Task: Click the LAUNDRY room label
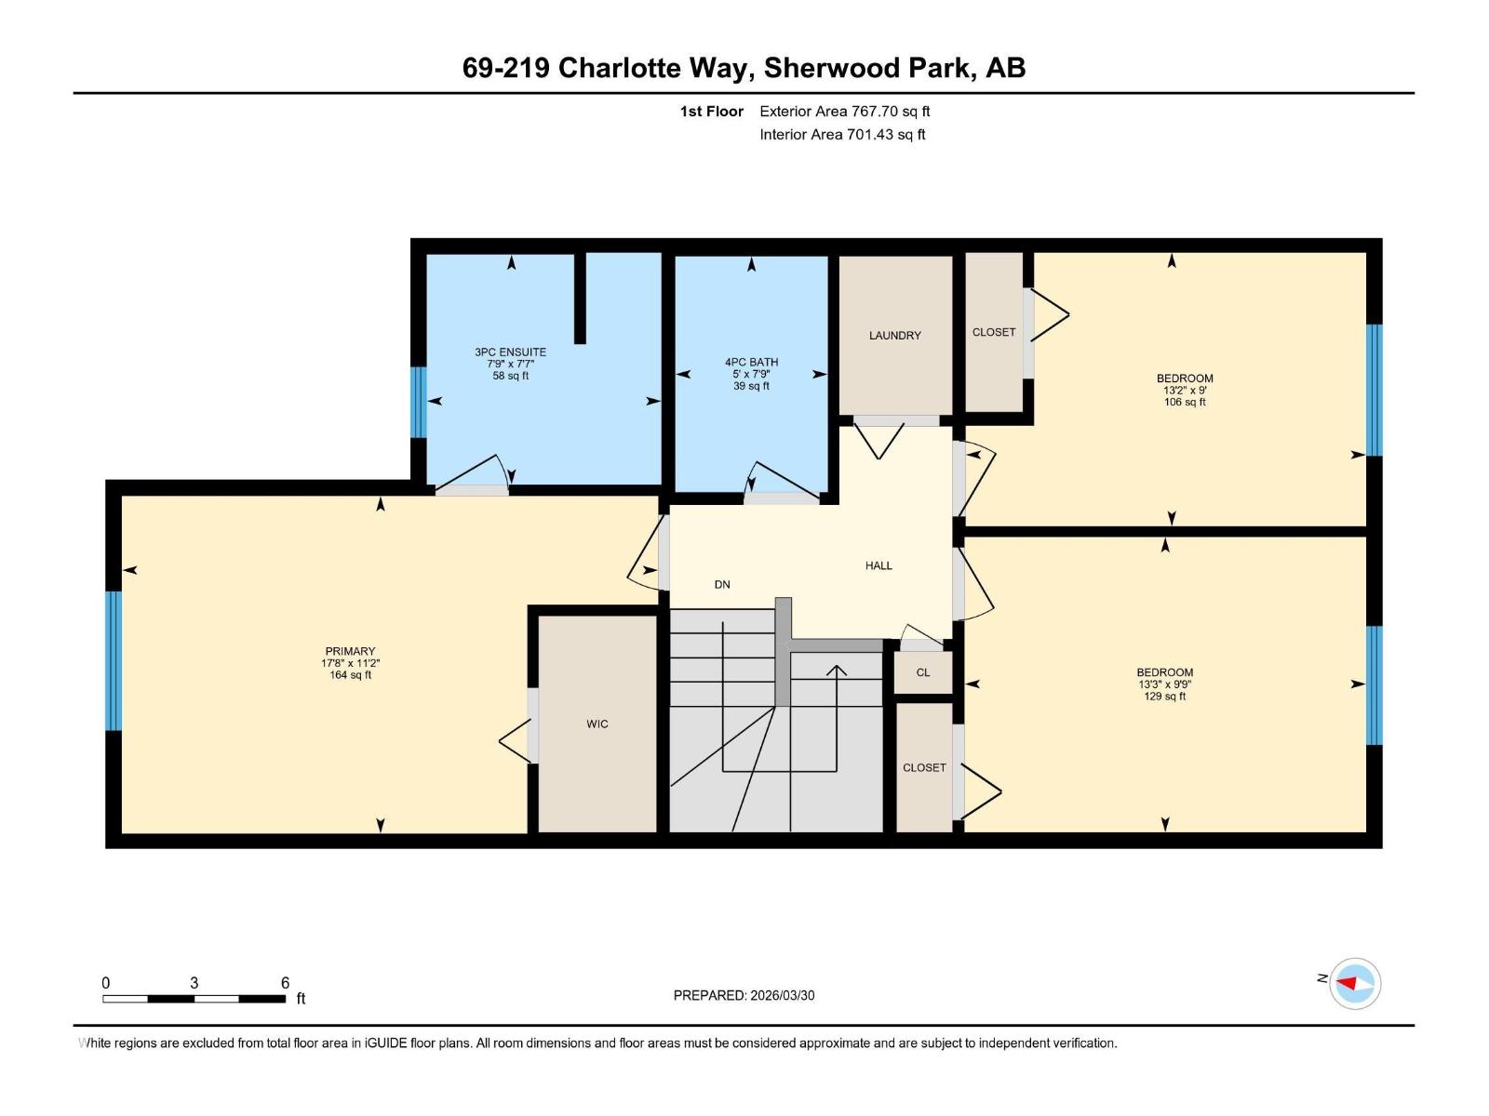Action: pos(894,336)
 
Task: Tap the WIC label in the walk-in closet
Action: pos(597,724)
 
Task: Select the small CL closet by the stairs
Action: pos(922,672)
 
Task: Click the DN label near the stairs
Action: pos(722,585)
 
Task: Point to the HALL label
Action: pos(878,565)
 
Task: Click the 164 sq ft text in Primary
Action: pos(350,675)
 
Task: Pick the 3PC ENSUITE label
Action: pos(510,352)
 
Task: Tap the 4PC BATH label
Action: pos(751,363)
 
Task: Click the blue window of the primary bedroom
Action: pos(114,660)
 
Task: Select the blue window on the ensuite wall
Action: pos(419,402)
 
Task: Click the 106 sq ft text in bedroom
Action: pos(1185,403)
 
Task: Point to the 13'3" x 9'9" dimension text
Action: pos(1164,684)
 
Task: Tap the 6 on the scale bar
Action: pos(285,983)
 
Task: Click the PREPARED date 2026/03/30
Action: pos(781,995)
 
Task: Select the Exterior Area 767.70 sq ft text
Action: pos(844,112)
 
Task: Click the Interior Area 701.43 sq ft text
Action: pos(842,135)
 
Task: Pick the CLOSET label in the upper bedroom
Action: pos(993,332)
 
